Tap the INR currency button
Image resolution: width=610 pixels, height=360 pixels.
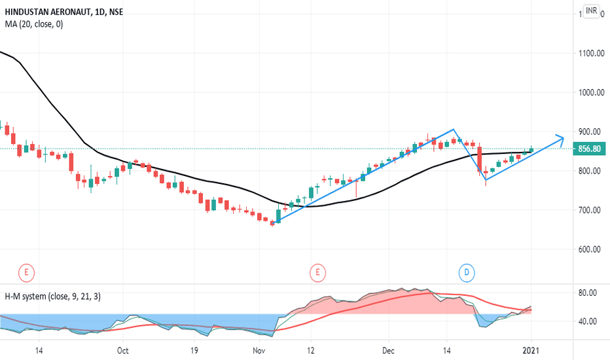coord(591,11)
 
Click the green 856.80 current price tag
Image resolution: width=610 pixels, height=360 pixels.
coord(589,149)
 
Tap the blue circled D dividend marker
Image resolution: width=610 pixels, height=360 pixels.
coord(467,272)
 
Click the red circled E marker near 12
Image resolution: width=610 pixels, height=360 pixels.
coord(317,272)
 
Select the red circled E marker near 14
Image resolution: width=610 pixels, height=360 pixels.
coord(27,272)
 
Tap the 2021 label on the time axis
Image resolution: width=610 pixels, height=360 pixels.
coord(531,351)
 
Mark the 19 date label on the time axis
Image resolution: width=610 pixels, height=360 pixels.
coord(194,351)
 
